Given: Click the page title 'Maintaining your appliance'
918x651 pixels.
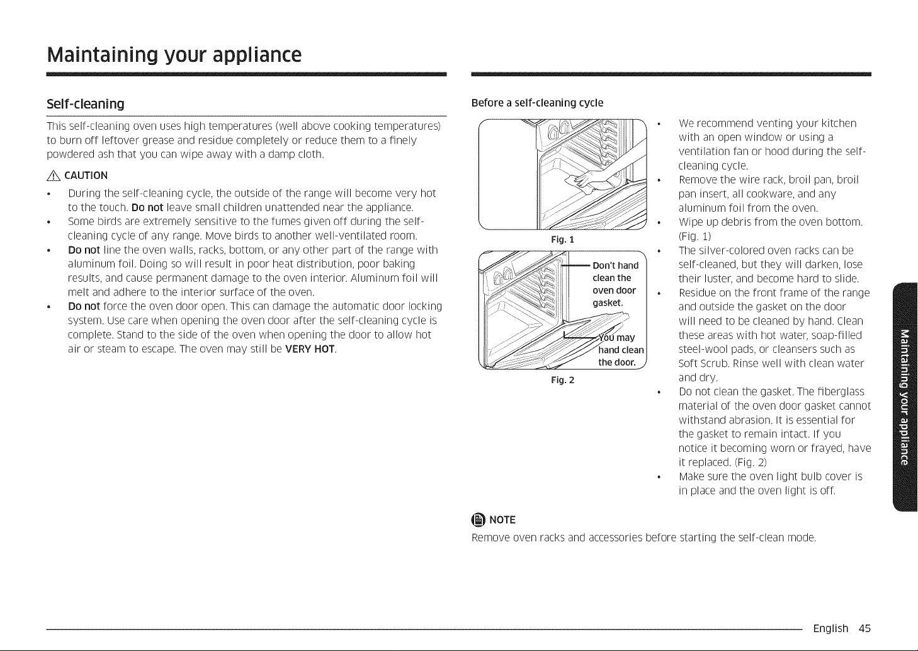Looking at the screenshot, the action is tap(174, 55).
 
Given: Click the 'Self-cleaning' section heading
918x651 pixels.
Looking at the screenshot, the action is tap(85, 104).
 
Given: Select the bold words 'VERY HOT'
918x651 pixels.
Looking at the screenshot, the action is tap(310, 349).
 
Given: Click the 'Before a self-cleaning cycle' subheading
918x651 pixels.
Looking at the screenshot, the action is tap(537, 103).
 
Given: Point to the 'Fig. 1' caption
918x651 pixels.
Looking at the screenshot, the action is tap(563, 239).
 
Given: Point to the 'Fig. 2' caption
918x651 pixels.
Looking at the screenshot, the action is tap(563, 380).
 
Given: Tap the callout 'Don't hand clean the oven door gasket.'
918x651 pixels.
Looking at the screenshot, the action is tap(615, 284).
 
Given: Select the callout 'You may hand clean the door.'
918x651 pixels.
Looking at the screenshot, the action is tap(620, 350).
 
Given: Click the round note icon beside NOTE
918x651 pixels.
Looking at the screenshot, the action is tap(479, 520).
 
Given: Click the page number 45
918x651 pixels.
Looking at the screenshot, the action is tap(864, 628).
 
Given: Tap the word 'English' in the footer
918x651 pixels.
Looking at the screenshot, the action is tap(830, 628).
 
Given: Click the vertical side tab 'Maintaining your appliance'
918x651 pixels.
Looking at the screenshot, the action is tap(905, 397).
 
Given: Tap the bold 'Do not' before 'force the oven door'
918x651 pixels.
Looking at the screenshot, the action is tap(84, 306).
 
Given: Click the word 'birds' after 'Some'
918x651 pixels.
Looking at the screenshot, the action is tap(110, 221).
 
